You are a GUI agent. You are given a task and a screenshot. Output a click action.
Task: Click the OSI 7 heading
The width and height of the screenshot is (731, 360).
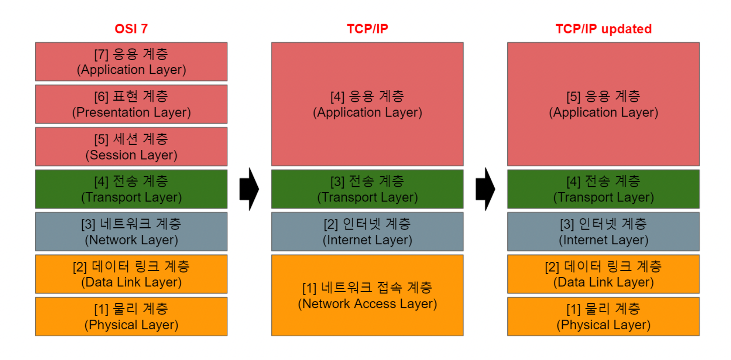(131, 29)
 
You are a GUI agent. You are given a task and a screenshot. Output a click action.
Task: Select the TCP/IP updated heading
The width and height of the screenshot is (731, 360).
(603, 29)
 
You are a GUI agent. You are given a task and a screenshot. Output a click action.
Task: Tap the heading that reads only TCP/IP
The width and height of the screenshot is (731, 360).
(367, 29)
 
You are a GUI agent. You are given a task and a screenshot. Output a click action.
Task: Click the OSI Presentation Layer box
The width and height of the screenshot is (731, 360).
(131, 104)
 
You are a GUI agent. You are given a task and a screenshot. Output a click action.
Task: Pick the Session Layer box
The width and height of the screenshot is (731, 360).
(131, 147)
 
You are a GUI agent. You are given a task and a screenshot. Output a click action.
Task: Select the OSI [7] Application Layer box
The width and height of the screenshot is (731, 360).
(131, 62)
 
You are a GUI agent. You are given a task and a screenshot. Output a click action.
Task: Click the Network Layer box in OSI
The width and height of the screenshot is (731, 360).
(131, 232)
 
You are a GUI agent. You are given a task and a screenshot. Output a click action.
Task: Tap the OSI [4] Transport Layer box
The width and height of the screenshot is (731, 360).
(131, 189)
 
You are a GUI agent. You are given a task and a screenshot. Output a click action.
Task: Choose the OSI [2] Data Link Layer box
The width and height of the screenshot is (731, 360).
(131, 274)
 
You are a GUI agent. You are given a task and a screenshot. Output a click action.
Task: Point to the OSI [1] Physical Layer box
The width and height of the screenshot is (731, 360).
(131, 317)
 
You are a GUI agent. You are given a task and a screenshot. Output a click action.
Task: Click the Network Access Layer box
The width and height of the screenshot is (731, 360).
(367, 296)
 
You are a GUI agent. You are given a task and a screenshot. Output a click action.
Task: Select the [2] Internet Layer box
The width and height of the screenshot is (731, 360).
(367, 232)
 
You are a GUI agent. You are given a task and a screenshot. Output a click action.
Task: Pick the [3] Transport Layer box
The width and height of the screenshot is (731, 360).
(367, 189)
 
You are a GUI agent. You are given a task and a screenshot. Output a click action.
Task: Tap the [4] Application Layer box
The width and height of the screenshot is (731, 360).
(367, 104)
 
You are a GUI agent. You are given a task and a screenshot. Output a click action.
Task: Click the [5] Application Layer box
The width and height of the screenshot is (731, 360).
(603, 104)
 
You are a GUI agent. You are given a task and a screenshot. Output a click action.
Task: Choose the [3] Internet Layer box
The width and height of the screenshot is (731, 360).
(603, 232)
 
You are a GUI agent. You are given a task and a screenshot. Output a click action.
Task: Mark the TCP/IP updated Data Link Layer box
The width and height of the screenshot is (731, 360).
(603, 274)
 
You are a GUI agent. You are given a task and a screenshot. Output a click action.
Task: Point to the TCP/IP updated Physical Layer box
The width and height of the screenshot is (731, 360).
(603, 317)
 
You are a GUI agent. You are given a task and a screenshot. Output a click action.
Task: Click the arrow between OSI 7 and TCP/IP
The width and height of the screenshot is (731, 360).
(249, 189)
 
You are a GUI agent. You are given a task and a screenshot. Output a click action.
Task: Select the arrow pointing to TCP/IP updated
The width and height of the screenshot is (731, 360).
(485, 189)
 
